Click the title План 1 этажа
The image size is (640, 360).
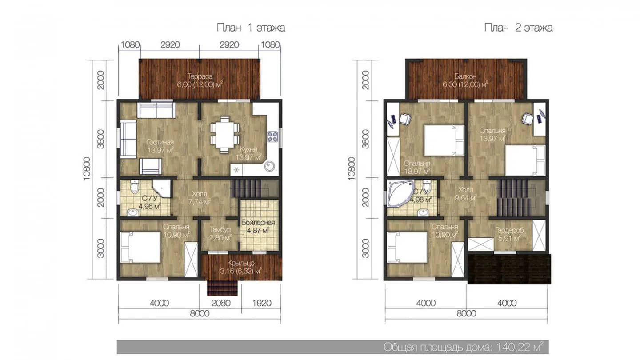251,28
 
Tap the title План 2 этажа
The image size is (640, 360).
518,28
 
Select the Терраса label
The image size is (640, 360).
200,76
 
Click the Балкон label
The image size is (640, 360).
465,76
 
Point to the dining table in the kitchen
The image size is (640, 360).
225,134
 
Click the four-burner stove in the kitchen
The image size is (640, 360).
272,136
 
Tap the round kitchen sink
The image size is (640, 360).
269,166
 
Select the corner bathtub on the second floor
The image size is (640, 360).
400,192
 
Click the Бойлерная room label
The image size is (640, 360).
258,223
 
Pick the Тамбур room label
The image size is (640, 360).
220,229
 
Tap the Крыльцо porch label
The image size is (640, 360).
241,263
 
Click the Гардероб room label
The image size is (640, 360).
509,230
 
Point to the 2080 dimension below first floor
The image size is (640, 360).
220,303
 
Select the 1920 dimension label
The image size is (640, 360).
262,303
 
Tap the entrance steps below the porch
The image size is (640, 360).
223,288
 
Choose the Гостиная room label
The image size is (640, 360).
160,142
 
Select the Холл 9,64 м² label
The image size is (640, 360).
466,194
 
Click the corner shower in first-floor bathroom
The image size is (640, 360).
161,188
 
